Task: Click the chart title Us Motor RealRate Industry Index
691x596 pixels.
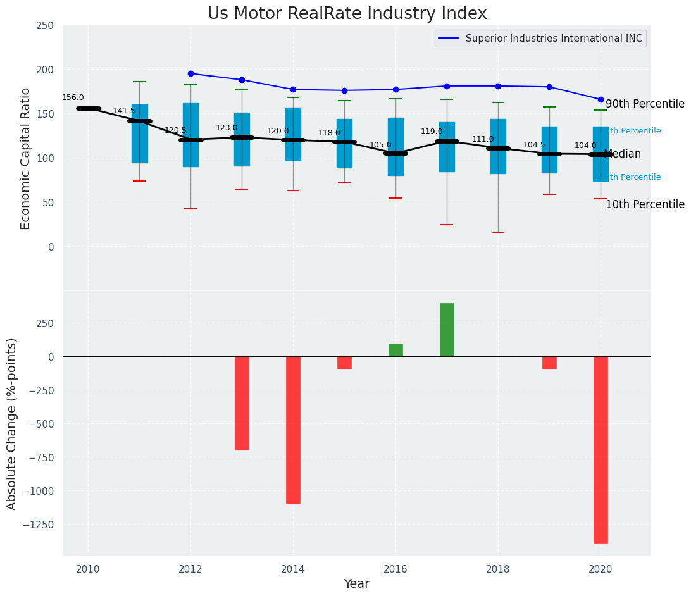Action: (347, 14)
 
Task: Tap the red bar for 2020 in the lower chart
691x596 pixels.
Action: (601, 449)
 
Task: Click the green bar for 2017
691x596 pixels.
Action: (447, 330)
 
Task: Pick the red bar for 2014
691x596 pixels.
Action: (293, 430)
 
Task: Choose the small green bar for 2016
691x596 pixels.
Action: (395, 350)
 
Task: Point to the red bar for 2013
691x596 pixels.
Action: (242, 403)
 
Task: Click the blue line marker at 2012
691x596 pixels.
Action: (190, 73)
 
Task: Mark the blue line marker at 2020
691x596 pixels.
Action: (601, 99)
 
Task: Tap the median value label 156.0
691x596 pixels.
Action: (73, 97)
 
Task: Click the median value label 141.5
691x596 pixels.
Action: (124, 111)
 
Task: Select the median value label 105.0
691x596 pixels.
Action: (380, 145)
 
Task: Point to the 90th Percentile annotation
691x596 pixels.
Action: (645, 104)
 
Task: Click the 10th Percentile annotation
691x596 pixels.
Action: (645, 204)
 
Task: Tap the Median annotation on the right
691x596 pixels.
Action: (623, 154)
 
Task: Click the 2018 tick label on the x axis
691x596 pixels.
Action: (498, 569)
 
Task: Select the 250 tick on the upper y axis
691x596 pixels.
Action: (45, 25)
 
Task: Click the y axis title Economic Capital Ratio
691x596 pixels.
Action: (25, 158)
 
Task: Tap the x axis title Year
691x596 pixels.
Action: (357, 584)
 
